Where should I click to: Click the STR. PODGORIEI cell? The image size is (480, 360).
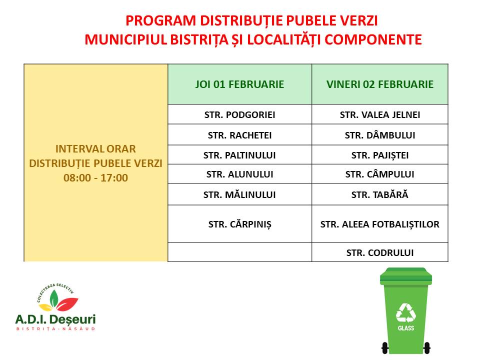point(239,115)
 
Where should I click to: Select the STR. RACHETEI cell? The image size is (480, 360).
point(239,135)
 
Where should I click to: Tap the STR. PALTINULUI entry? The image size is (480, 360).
point(239,155)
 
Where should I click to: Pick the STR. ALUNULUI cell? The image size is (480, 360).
point(239,174)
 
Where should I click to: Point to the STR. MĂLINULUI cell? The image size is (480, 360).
point(239,194)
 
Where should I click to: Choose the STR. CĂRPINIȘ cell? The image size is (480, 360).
point(239,224)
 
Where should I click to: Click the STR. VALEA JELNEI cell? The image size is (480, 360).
point(380,115)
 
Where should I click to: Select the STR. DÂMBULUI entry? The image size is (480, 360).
point(380,135)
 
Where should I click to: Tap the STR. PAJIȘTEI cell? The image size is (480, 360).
point(380,155)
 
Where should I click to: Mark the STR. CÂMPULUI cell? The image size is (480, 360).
point(380,174)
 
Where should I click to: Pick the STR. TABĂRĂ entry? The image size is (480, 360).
point(380,194)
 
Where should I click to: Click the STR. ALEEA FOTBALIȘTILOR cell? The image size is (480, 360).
point(380,224)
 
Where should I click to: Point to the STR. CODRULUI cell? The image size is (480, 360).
point(380,252)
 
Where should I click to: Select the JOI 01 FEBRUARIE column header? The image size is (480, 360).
point(239,84)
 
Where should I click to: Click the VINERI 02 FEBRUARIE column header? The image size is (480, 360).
point(380,84)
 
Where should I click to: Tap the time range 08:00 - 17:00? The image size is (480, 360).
point(95,178)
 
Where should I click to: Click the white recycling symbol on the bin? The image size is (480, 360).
point(406,313)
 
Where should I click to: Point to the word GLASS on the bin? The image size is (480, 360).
point(406,328)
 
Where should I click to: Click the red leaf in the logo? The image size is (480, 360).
point(67,303)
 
